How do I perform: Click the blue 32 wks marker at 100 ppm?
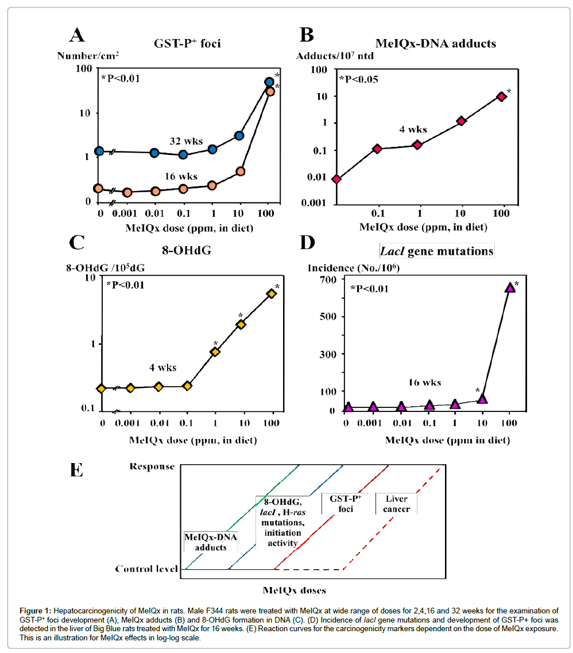coord(269,82)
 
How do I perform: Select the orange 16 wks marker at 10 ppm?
coord(241,172)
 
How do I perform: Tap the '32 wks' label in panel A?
coord(182,141)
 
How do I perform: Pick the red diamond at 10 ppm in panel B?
coord(461,121)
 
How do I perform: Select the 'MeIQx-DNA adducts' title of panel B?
coord(435,43)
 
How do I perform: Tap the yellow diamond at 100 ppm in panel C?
coord(272,294)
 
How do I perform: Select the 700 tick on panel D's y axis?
coord(326,280)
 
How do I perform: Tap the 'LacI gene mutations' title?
coord(436,251)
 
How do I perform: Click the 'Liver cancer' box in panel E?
coord(396,503)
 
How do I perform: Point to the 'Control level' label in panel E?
coord(144,569)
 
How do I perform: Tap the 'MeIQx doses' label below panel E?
coord(295,590)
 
